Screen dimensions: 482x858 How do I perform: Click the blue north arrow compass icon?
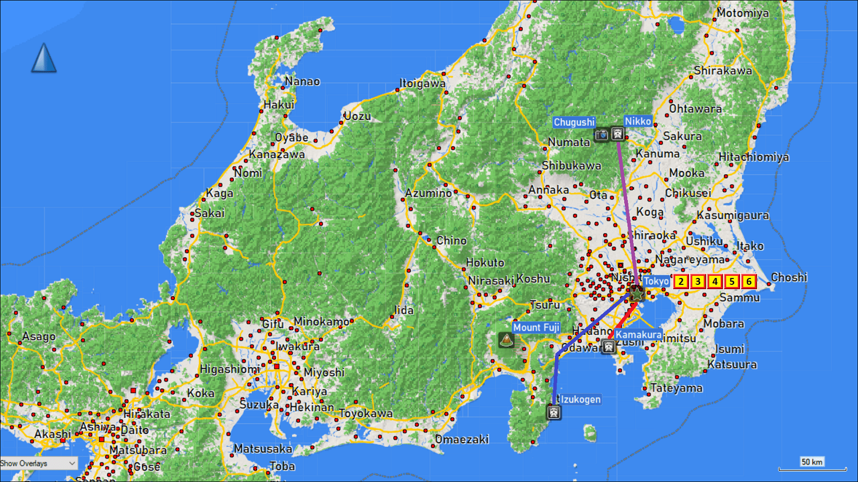coord(44,58)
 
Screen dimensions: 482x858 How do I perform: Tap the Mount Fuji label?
coord(536,327)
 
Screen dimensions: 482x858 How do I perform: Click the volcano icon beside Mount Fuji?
coord(506,340)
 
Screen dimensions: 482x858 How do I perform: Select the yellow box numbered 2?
coord(681,282)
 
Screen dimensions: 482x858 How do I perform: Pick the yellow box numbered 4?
coord(715,282)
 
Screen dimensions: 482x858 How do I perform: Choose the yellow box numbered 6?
coord(749,282)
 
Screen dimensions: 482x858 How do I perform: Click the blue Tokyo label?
coord(656,281)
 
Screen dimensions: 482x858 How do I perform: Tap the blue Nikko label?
coord(638,122)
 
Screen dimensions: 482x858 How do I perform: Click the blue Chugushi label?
coord(574,122)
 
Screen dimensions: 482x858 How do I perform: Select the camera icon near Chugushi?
coord(602,134)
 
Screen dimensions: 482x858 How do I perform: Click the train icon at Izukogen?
coord(554,412)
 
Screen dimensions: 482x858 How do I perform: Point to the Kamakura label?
coord(638,335)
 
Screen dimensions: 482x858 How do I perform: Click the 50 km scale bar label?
coord(812,462)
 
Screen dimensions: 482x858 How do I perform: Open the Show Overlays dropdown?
coord(39,463)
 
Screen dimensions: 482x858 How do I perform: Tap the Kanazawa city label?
coord(277,155)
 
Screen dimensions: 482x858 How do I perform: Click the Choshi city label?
coord(789,277)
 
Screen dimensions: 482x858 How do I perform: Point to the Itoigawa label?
coord(423,84)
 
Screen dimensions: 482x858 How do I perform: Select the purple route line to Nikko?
coord(626,204)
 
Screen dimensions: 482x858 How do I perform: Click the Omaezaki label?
coord(462,440)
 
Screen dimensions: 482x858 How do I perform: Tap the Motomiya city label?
coord(743,13)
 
